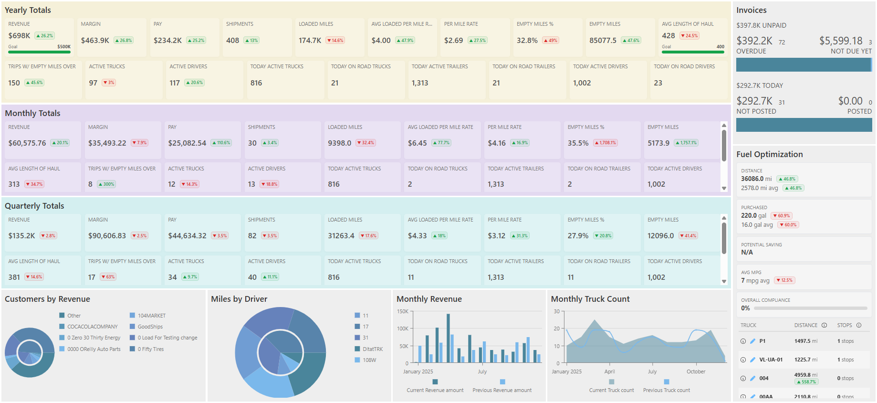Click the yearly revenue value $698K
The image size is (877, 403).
[19, 36]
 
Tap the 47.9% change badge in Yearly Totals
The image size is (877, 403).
[405, 41]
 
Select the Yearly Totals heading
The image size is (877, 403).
[28, 10]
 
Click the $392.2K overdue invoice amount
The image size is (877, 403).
[754, 41]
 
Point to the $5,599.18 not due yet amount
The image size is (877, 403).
[841, 41]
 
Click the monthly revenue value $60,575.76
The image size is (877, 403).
[27, 143]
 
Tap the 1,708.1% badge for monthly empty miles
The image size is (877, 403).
[606, 143]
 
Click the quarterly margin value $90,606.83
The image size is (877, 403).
[107, 236]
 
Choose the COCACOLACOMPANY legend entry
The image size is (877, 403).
[92, 327]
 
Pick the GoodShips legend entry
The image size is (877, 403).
[150, 327]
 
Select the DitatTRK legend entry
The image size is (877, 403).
[372, 349]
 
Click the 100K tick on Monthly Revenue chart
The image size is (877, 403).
[402, 329]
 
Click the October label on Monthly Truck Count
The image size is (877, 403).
[696, 371]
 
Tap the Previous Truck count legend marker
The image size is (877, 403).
[667, 382]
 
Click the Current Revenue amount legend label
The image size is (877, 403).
[435, 390]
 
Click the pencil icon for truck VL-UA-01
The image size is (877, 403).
[752, 360]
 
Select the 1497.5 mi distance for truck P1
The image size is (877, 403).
[805, 341]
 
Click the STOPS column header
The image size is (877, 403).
[844, 325]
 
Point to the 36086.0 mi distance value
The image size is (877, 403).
[756, 179]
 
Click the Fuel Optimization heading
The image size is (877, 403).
[769, 154]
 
